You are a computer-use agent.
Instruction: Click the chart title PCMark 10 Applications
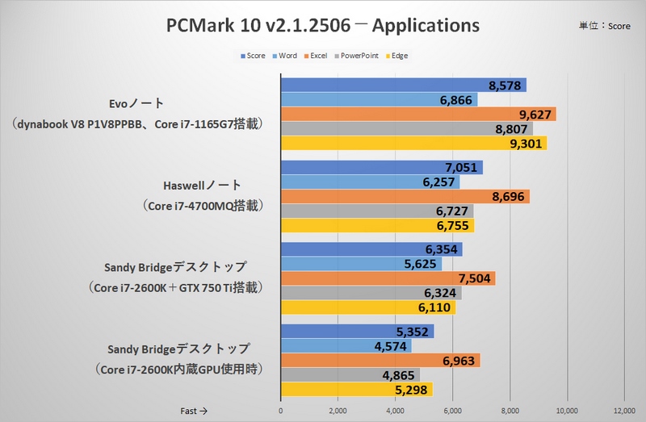pos(322,25)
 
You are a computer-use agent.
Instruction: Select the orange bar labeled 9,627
pos(417,115)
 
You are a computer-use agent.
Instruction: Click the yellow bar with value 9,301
pos(413,144)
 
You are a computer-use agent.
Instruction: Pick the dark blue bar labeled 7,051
pos(380,168)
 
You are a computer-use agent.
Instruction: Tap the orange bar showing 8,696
pos(405,197)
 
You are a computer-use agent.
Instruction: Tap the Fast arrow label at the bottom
pos(194,411)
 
